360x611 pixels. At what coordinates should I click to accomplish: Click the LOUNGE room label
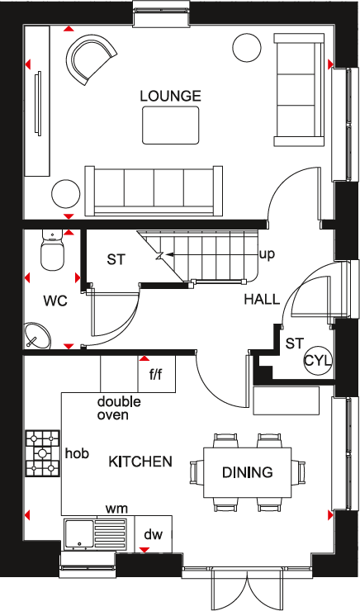tap(170, 96)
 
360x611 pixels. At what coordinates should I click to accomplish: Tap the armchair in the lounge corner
tap(89, 60)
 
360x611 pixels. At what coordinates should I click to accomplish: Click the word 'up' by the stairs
tap(267, 253)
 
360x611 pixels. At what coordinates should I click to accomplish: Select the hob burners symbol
tap(41, 454)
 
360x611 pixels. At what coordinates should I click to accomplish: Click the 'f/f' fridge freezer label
tap(155, 374)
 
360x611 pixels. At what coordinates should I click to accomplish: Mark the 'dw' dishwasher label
tap(153, 535)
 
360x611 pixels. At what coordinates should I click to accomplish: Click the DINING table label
tap(247, 472)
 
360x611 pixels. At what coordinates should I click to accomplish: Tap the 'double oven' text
tap(119, 408)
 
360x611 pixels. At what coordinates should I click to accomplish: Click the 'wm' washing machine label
tap(116, 509)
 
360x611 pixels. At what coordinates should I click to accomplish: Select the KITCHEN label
tap(140, 461)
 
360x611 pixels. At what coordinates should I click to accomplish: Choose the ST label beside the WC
tap(116, 259)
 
